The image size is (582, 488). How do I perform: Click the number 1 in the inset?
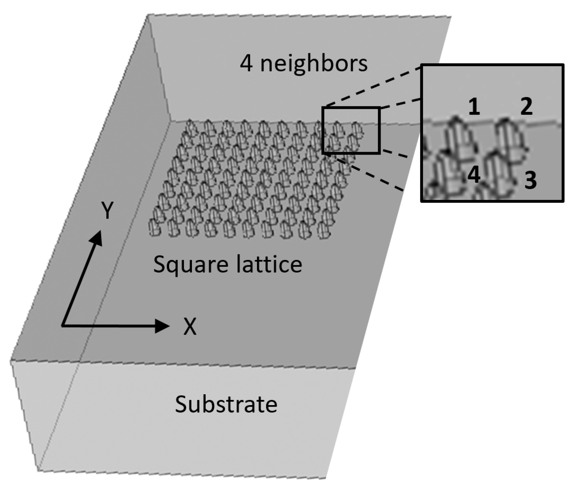[x=474, y=108]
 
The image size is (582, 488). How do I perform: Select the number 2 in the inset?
[x=526, y=107]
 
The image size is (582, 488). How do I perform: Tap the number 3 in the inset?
[x=530, y=180]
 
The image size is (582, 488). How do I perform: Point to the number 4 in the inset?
[x=474, y=175]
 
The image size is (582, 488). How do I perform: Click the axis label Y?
[x=107, y=211]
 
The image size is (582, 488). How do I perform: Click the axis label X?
[x=190, y=327]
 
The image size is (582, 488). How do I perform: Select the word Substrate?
[x=226, y=404]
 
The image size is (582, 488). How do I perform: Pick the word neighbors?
[x=313, y=63]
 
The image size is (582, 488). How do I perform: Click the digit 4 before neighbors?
[x=246, y=64]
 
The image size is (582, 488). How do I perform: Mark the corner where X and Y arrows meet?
[x=63, y=325]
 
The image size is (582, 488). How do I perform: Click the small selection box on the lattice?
[x=351, y=130]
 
